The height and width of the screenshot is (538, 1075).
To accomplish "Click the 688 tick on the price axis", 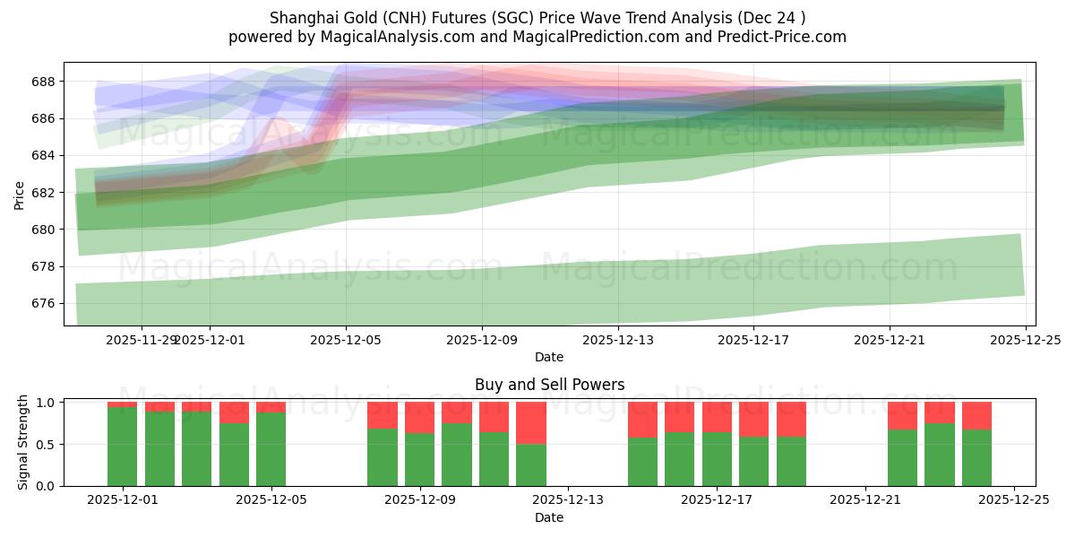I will coord(45,82).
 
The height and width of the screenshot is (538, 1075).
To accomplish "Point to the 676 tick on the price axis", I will coord(45,304).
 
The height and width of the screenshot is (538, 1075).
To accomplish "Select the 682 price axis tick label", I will coord(45,193).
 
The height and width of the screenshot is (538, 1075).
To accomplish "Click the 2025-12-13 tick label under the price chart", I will coord(617,340).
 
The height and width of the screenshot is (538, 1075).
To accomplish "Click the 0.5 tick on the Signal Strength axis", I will coord(46,445).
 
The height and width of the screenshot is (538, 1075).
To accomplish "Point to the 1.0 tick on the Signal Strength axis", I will coord(46,403).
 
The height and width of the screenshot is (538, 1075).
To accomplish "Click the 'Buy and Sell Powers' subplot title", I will coord(549,385).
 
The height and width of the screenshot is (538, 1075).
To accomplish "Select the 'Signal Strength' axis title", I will coord(23,443).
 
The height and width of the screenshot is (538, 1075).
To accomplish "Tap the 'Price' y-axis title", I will coord(20,194).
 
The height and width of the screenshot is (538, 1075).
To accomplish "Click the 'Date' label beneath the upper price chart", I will coord(549,357).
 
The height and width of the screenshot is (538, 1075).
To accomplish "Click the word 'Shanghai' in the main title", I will coord(298,18).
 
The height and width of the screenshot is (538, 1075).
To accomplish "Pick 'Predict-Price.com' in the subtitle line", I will coord(789,37).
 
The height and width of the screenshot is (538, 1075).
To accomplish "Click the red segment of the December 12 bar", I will coord(531,422).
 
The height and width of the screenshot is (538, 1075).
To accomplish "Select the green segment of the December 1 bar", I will coord(122,447).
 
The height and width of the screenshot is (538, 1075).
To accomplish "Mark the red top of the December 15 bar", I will coord(642,419).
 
